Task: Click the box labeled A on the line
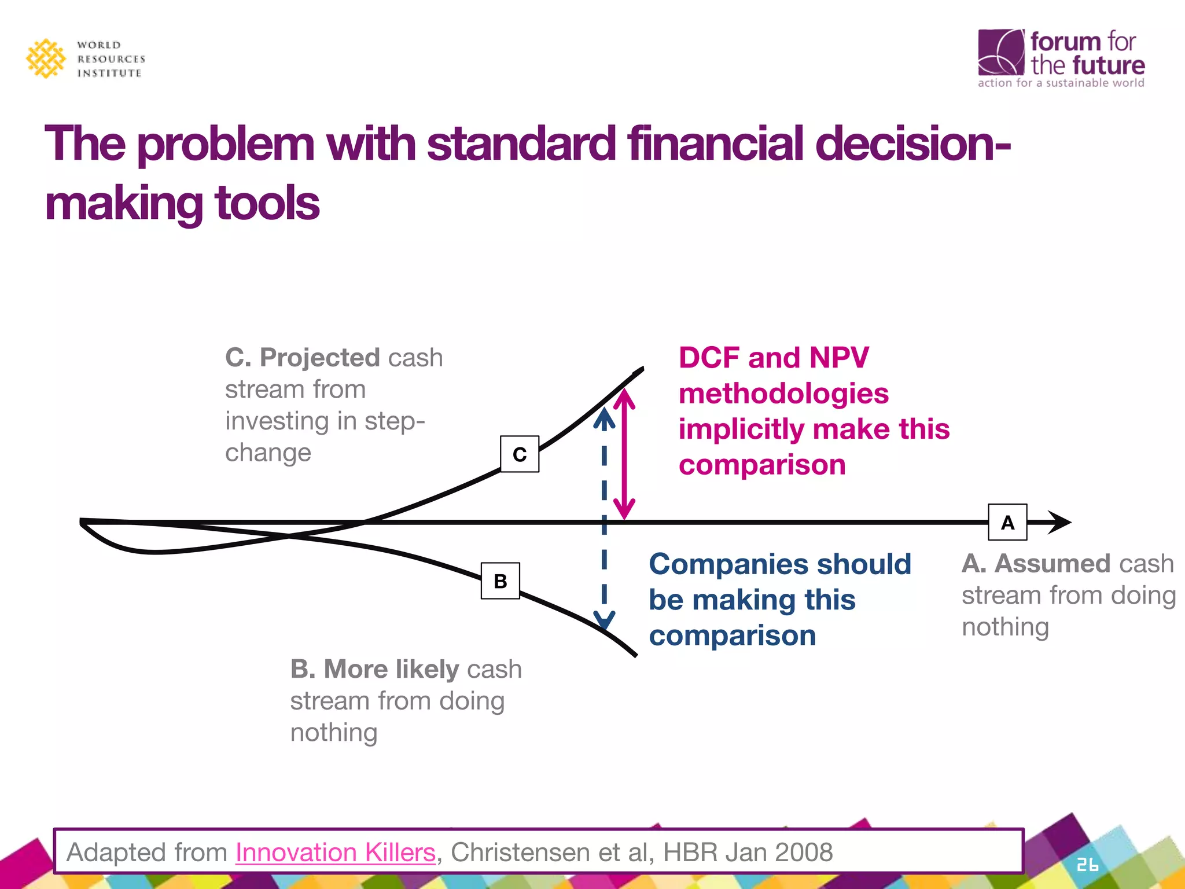[x=1007, y=522]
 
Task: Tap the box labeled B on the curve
[x=501, y=581]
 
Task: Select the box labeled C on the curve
[x=520, y=454]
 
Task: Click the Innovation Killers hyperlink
[x=335, y=852]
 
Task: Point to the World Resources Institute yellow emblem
[x=46, y=58]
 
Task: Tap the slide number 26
[x=1087, y=865]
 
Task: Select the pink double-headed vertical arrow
[x=624, y=454]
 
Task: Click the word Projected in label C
[x=319, y=357]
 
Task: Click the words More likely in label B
[x=391, y=668]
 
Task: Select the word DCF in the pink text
[x=709, y=357]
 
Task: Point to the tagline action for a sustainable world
[x=1061, y=83]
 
